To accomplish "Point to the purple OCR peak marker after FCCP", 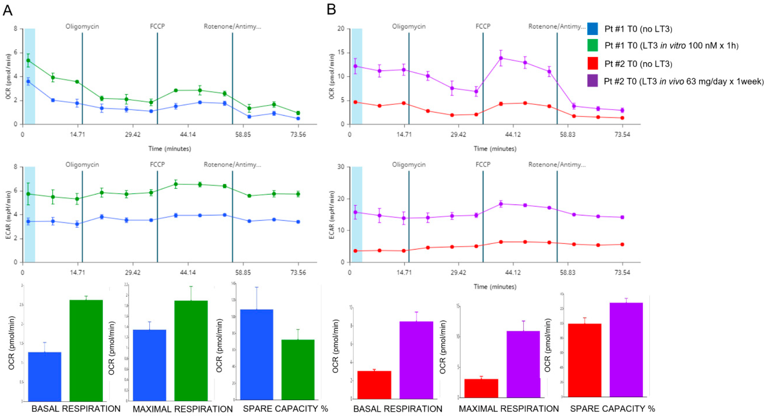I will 501,58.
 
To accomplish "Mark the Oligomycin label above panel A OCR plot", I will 82,26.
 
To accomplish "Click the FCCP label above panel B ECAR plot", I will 483,165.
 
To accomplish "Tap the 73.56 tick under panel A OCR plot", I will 298,135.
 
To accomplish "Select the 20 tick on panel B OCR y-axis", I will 341,29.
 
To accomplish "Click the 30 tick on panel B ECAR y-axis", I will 341,167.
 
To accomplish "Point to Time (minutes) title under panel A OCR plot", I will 170,149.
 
